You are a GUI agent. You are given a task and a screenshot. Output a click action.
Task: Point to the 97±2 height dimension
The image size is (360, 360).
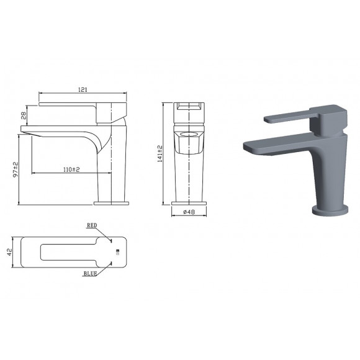coord(15,169)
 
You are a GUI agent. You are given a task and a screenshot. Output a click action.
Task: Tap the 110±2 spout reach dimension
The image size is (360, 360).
coord(70,169)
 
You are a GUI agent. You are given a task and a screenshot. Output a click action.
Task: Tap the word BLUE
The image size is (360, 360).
coord(92,272)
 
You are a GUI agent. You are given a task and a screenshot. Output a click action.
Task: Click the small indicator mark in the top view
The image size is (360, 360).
coord(116,251)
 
